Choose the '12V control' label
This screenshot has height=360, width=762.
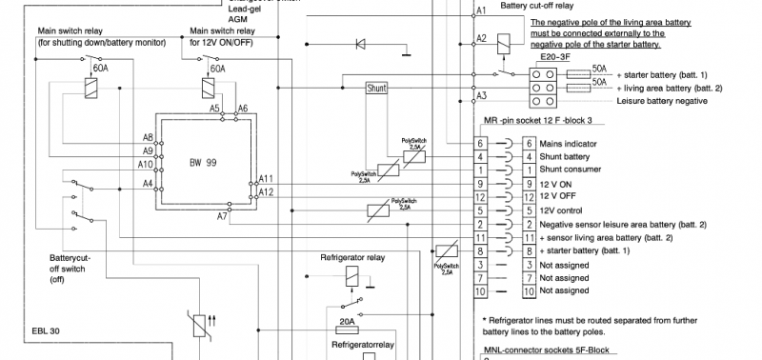tap(563, 210)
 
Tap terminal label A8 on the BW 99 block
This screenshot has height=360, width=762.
tap(148, 137)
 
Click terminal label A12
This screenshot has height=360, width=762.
tap(267, 191)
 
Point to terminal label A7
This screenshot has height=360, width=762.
tap(222, 217)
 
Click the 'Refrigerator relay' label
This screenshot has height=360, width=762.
tap(352, 257)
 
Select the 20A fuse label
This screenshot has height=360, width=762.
tap(348, 322)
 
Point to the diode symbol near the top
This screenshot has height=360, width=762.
tap(360, 43)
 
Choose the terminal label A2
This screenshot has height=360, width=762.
tap(481, 38)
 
